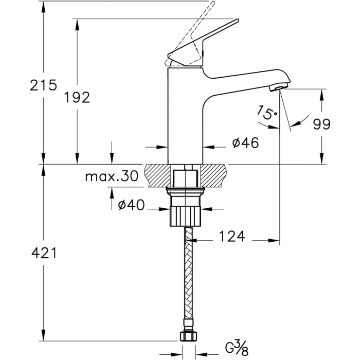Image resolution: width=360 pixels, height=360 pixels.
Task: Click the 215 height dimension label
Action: point(43,85)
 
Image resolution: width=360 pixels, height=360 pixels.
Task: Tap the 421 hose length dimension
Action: point(43,253)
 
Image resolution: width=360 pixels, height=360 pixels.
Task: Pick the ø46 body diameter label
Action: point(244,143)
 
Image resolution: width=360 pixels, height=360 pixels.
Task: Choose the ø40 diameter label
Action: point(131,205)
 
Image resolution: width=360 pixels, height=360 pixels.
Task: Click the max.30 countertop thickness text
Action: point(112,177)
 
